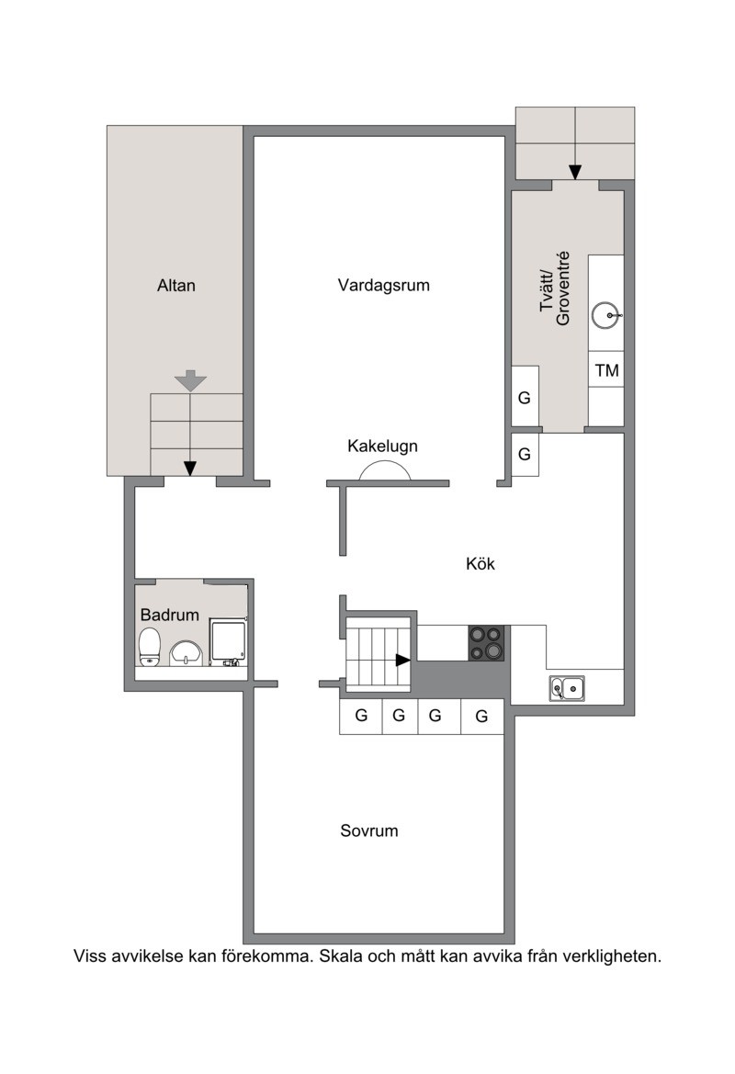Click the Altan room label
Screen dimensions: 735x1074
point(176,285)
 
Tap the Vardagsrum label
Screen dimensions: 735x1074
point(384,285)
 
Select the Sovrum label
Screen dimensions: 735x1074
point(369,831)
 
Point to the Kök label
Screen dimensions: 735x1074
point(481,564)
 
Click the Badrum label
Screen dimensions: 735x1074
point(169,615)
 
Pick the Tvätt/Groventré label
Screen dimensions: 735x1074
point(555,289)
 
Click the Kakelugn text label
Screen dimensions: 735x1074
point(382,446)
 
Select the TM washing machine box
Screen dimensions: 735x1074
point(606,370)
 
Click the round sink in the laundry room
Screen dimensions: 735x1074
point(605,315)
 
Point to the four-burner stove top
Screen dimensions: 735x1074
point(486,642)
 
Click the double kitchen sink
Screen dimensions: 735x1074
point(567,688)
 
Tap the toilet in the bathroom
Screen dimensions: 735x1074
point(150,647)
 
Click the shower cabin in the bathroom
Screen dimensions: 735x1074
point(228,642)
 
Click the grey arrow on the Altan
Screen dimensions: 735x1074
point(190,380)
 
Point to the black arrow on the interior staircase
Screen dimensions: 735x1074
point(402,661)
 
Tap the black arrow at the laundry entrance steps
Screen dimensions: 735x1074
point(575,171)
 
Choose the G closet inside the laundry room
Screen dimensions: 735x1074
point(525,397)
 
